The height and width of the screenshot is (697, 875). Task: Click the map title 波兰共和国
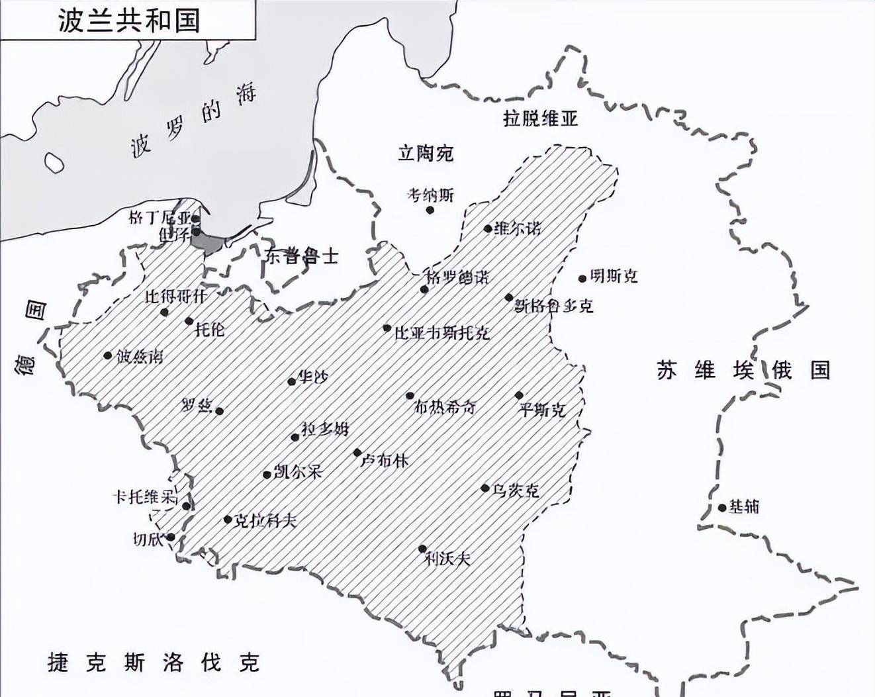pos(128,20)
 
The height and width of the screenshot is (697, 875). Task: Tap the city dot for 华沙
pos(291,382)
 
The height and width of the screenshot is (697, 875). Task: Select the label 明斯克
pos(614,276)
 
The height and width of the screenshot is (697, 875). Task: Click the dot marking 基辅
pos(722,508)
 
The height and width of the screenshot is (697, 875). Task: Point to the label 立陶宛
pos(426,154)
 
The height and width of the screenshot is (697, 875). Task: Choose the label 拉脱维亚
pos(540,118)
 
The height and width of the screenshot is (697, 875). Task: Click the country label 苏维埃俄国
pos(743,369)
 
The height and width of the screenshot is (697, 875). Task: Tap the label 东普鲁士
pos(301,256)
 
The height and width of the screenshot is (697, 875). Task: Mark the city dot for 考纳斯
pos(430,210)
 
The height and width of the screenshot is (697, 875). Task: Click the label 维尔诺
pos(518,228)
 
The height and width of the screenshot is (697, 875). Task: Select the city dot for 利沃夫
pos(422,549)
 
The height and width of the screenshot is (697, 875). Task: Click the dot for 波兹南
pos(108,355)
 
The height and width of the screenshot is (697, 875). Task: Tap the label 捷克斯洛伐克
pos(154,662)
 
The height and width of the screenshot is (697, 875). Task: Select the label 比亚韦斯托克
pos(441,333)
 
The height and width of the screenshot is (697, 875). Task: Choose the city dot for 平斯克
pos(520,396)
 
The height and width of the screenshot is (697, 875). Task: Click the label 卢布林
pos(385,460)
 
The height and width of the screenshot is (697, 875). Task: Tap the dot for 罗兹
pos(220,411)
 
